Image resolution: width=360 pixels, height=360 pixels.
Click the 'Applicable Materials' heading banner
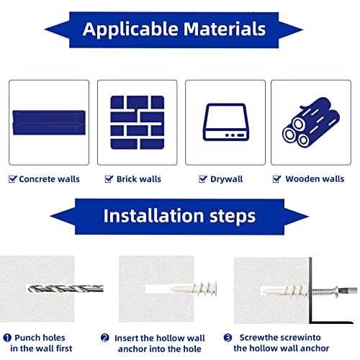point(174,30)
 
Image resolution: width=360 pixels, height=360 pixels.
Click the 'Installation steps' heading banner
point(179,215)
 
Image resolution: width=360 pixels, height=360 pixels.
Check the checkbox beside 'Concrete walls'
point(12,179)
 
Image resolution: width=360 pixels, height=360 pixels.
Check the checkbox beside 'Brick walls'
point(109,179)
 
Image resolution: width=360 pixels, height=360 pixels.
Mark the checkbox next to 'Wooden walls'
point(277,179)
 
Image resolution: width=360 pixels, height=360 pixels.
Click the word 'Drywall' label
point(227,179)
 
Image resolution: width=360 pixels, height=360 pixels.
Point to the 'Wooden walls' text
point(315,179)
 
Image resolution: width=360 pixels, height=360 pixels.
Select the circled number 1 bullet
point(6,338)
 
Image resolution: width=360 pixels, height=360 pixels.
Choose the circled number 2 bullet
point(105,338)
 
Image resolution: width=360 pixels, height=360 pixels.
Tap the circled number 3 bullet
point(227,338)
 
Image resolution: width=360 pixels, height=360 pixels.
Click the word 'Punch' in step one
point(30,338)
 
